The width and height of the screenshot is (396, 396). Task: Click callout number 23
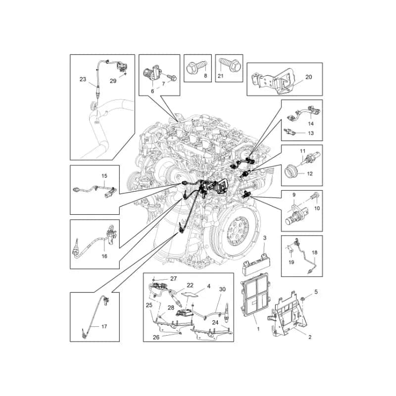point(83,79)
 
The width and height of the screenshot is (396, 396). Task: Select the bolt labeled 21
point(228,65)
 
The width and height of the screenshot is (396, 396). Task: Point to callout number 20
point(308,77)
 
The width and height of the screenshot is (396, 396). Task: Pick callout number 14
point(311,123)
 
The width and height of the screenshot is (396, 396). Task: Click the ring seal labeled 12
point(291,171)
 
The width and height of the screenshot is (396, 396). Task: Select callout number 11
point(302,151)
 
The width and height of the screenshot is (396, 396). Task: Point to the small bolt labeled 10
point(316,196)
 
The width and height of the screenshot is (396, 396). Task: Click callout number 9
point(294,195)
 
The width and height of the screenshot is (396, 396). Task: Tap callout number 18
point(314,252)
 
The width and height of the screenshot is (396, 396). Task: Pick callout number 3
point(265,238)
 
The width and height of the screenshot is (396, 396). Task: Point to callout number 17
point(104,327)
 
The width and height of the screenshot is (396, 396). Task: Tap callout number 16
point(104,256)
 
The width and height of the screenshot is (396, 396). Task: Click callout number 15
point(104,176)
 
